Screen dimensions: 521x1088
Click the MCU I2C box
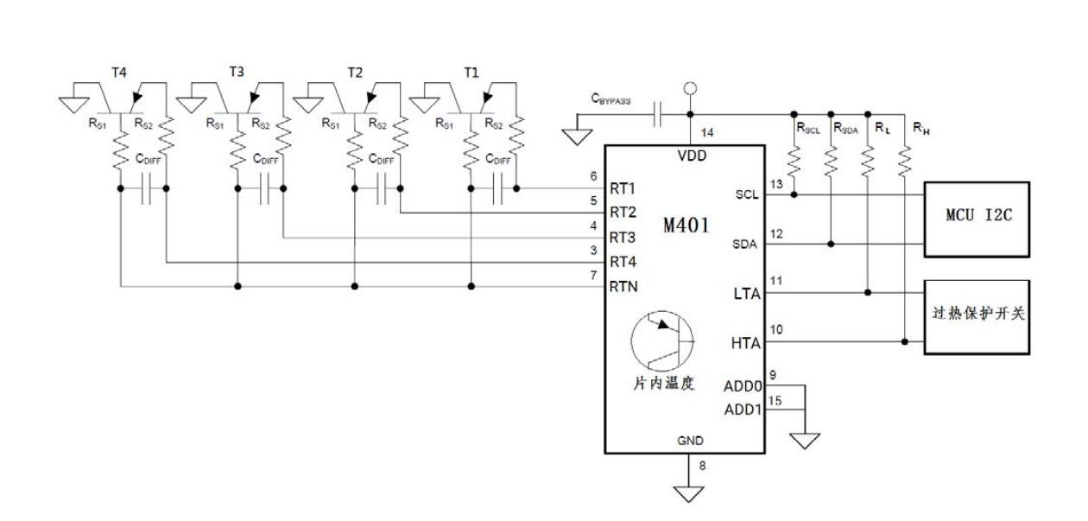pyautogui.click(x=977, y=219)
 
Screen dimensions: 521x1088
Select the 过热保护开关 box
pyautogui.click(x=977, y=316)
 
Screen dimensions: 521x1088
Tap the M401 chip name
pyautogui.click(x=686, y=226)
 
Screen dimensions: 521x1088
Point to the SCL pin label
pyautogui.click(x=744, y=194)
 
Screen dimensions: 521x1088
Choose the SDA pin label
pyautogui.click(x=743, y=245)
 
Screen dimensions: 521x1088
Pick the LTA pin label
pyautogui.click(x=745, y=294)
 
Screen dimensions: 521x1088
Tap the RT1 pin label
pyautogui.click(x=624, y=188)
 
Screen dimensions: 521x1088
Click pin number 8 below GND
pyautogui.click(x=702, y=467)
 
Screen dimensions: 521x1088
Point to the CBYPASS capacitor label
pyautogui.click(x=610, y=100)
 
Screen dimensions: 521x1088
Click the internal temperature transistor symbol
pyautogui.click(x=661, y=343)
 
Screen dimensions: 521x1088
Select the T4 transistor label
pyautogui.click(x=118, y=72)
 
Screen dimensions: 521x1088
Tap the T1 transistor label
pyautogui.click(x=471, y=73)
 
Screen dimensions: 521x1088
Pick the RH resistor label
pyautogui.click(x=921, y=130)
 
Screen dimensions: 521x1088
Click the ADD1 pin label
pyautogui.click(x=743, y=410)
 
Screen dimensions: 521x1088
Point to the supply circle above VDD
pyautogui.click(x=690, y=88)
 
